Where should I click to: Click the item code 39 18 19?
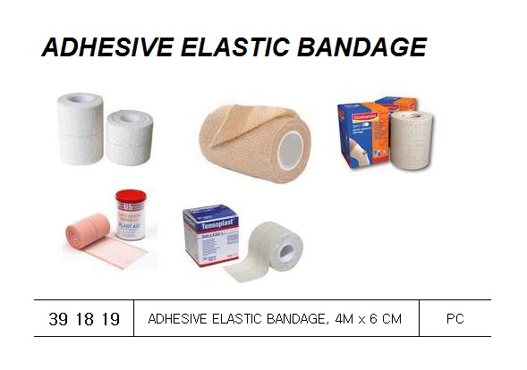point(82,318)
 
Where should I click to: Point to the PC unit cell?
point(455,318)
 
